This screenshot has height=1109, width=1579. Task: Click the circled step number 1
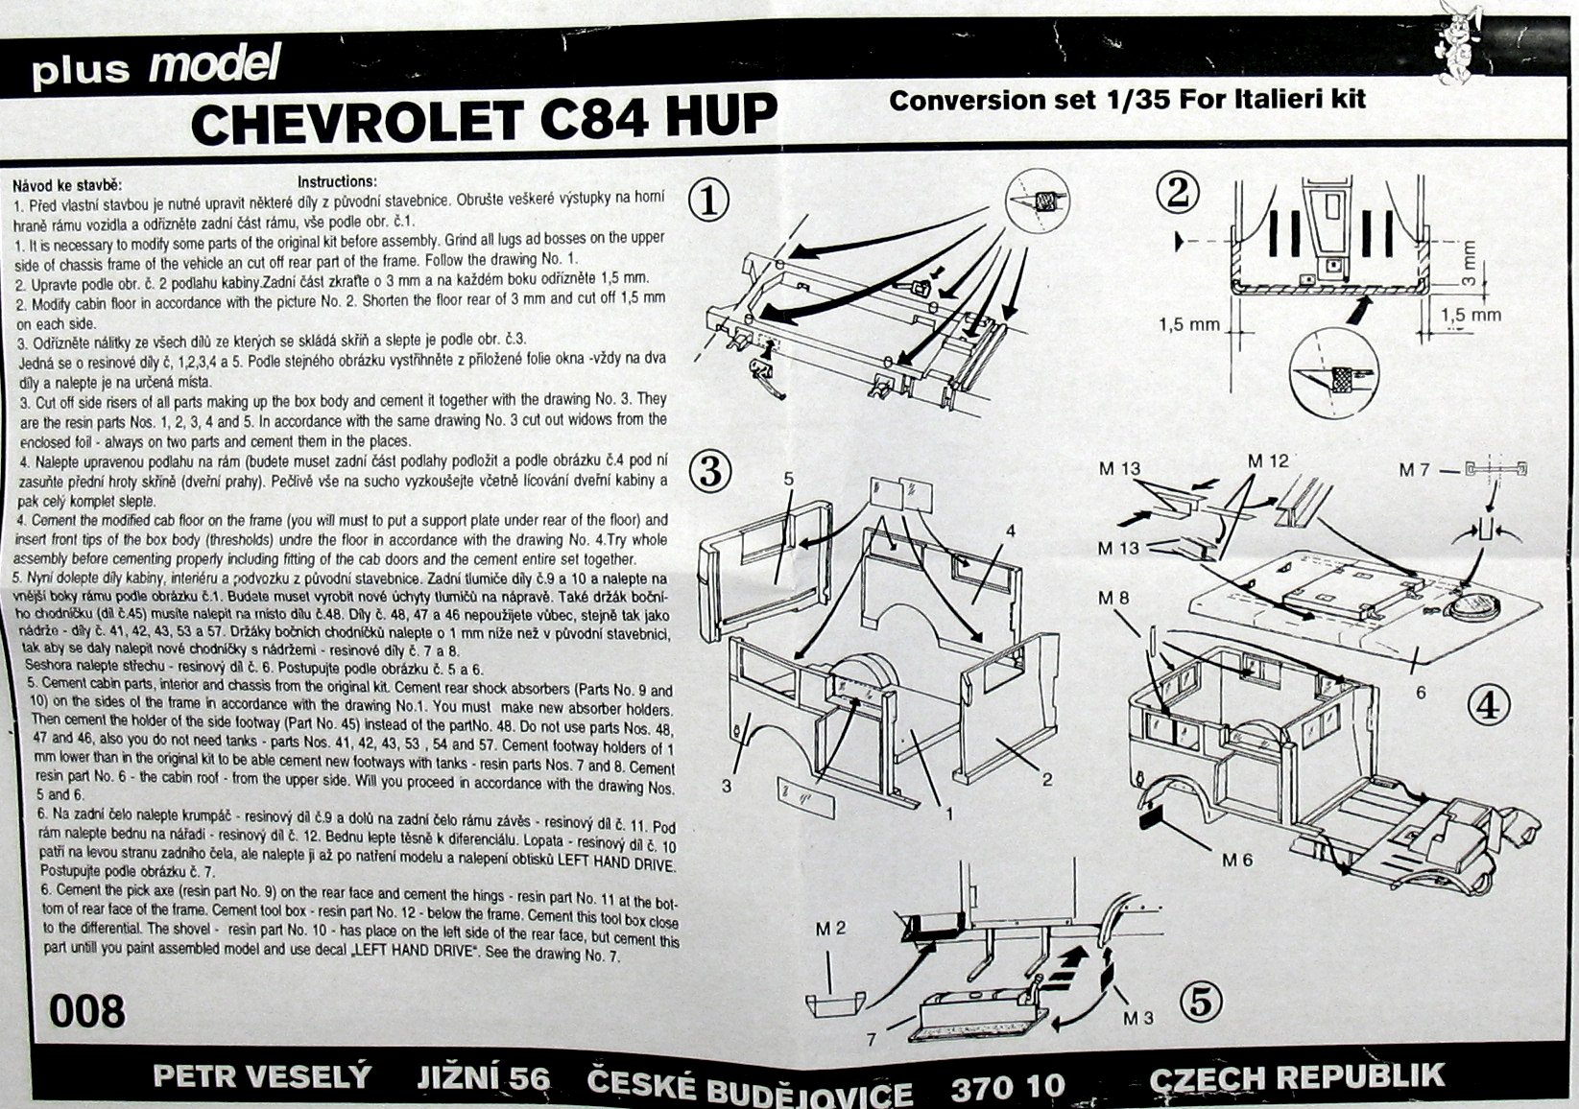(709, 201)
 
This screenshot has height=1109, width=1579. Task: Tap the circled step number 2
(1178, 193)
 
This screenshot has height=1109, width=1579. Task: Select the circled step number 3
(709, 472)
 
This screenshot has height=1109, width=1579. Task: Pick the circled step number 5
(1202, 1002)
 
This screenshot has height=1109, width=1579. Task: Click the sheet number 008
(86, 1011)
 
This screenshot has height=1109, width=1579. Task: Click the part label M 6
(1237, 861)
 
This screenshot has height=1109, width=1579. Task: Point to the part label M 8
(1113, 599)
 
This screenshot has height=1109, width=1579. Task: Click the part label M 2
(830, 930)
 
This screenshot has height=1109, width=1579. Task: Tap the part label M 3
(1138, 1019)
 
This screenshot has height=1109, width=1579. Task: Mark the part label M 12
(1268, 460)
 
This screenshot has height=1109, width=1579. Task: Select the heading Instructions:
(337, 181)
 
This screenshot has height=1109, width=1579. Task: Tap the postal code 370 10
(1008, 1086)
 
